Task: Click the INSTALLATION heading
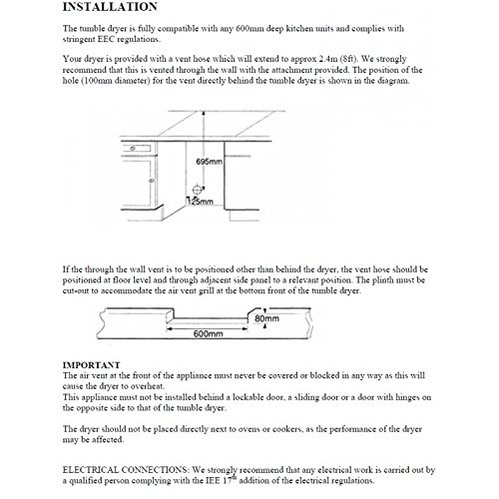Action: (x=110, y=7)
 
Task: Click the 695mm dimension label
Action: (x=209, y=162)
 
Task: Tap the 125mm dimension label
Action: (x=201, y=202)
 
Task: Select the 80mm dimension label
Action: (x=266, y=318)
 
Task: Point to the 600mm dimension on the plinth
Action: (x=208, y=333)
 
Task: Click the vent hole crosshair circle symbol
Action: (x=197, y=190)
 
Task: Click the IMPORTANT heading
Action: (x=91, y=365)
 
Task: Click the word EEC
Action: (x=106, y=39)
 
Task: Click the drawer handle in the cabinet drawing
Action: (x=133, y=149)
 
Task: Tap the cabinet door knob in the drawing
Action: (x=152, y=181)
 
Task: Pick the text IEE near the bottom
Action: (x=214, y=480)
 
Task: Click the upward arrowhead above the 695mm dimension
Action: (x=204, y=114)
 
